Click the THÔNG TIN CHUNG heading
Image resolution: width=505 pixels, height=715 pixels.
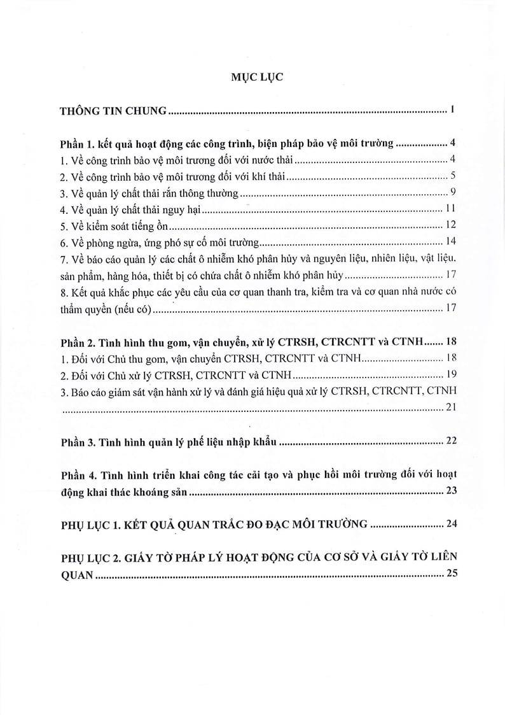113,111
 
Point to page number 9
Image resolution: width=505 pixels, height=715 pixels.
450,192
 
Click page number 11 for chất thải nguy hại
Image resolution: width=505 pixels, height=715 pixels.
448,209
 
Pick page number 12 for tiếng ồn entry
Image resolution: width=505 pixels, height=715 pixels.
448,225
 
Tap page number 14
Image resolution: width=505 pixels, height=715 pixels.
448,242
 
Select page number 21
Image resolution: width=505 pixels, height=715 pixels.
448,408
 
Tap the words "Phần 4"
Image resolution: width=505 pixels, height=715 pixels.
80,475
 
